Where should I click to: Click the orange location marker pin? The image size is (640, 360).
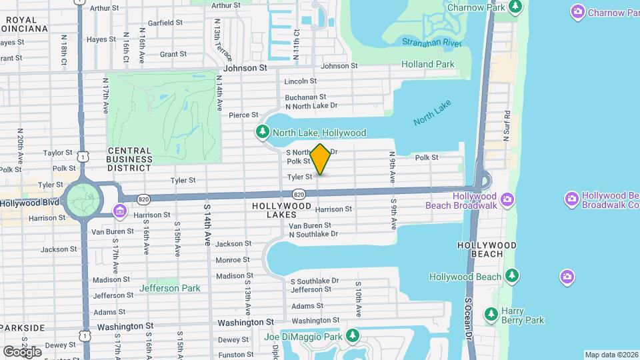(x=320, y=159)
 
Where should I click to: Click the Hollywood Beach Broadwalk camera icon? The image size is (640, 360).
(x=507, y=199)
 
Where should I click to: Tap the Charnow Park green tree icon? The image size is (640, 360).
(x=515, y=7)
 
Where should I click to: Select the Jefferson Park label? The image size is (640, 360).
(x=169, y=288)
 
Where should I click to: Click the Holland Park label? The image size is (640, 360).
(x=427, y=65)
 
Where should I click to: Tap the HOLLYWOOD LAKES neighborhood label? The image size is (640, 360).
(x=282, y=207)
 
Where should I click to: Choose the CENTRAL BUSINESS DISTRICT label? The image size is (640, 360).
(x=129, y=155)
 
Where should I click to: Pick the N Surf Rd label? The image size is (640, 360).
(x=507, y=123)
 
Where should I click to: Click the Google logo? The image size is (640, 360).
(x=22, y=351)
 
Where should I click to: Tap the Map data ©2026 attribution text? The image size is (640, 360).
(x=611, y=355)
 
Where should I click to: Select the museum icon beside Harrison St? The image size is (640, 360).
(x=119, y=212)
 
